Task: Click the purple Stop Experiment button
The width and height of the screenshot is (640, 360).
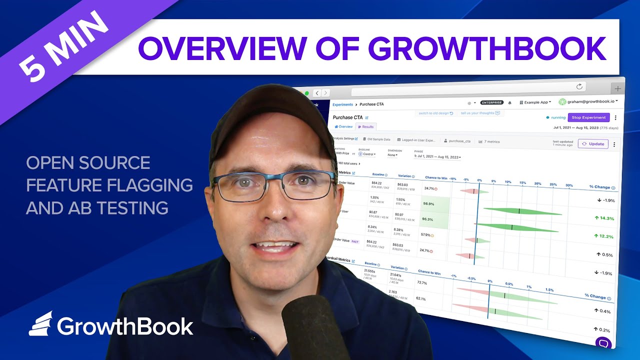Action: (588, 117)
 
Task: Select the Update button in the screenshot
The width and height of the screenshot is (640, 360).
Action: (593, 144)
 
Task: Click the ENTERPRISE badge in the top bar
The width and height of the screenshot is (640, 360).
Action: (491, 102)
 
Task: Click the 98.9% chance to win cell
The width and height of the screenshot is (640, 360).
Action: (428, 204)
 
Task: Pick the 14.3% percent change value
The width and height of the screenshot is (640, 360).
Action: (604, 218)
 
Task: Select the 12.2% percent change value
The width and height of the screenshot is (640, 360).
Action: (604, 236)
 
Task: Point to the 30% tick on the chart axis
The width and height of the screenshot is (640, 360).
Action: (569, 185)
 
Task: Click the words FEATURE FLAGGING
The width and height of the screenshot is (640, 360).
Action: (109, 185)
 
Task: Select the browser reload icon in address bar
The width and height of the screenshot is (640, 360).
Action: (579, 86)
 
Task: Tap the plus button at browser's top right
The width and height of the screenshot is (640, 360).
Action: (618, 88)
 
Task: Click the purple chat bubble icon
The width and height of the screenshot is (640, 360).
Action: (603, 343)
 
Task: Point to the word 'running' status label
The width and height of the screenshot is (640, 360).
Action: (558, 117)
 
